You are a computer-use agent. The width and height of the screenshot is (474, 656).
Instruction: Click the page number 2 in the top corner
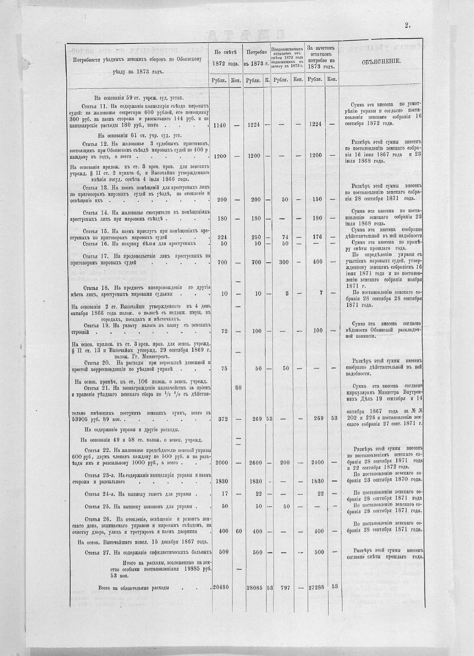pos(407,25)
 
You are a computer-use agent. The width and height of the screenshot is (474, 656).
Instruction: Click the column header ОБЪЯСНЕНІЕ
pos(382,62)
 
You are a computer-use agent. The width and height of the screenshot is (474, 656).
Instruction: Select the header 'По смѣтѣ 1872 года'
pos(225,58)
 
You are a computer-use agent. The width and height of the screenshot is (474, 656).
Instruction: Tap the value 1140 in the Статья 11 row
pos(220,125)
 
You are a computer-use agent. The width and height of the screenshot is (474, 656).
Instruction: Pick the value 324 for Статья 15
pos(222,237)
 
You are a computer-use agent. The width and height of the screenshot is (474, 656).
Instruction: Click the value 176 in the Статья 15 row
pos(317,237)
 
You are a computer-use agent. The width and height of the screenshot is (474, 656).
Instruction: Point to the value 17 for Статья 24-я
pos(224,493)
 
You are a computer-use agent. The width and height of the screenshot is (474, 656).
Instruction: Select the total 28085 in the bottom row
pos(254,587)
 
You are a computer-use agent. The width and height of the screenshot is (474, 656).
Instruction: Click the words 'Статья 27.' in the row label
pos(98,552)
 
